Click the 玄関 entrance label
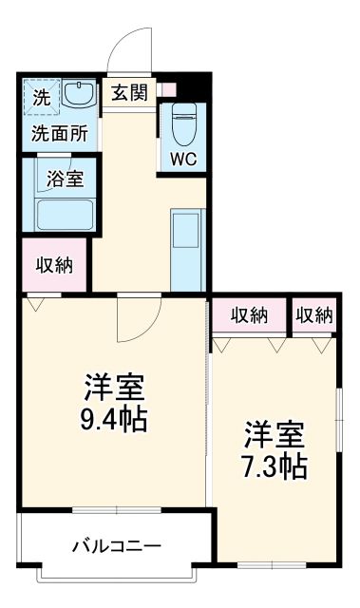point(128,92)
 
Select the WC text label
point(183,159)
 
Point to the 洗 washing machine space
point(42,96)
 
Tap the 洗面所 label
point(59,133)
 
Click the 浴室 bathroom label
point(64,177)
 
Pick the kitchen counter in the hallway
point(187,250)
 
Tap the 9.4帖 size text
point(115,419)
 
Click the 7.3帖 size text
point(274,465)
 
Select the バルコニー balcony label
point(117,546)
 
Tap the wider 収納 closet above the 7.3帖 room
point(248,314)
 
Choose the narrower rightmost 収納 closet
point(313,314)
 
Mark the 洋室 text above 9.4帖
point(115,388)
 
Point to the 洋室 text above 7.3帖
point(274,434)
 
